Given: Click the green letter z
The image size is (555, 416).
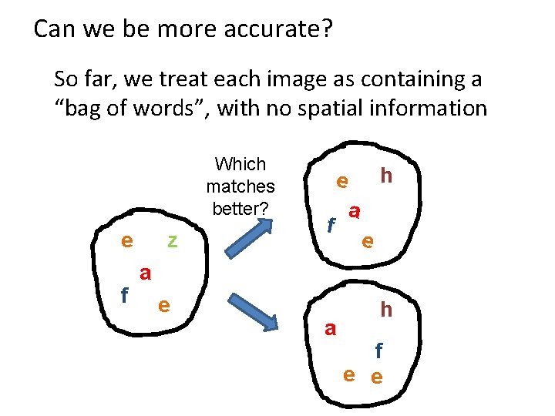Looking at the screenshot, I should (173, 241).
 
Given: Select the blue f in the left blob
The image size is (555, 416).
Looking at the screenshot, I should (124, 295).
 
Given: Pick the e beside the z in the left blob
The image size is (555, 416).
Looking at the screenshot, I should (126, 240).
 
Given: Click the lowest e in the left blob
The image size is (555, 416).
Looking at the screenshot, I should (163, 304).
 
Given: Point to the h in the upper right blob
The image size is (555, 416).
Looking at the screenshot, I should (386, 176).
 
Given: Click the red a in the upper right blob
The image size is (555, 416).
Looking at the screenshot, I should (355, 210).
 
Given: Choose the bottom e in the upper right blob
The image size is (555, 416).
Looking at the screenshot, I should (368, 241).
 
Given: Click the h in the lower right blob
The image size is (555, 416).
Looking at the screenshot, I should (386, 310).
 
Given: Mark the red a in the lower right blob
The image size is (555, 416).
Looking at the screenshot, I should (331, 329).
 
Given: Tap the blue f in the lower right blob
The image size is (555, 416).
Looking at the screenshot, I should (378, 351).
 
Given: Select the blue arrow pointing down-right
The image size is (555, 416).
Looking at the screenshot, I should (252, 310).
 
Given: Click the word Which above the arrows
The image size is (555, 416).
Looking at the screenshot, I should (240, 164).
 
